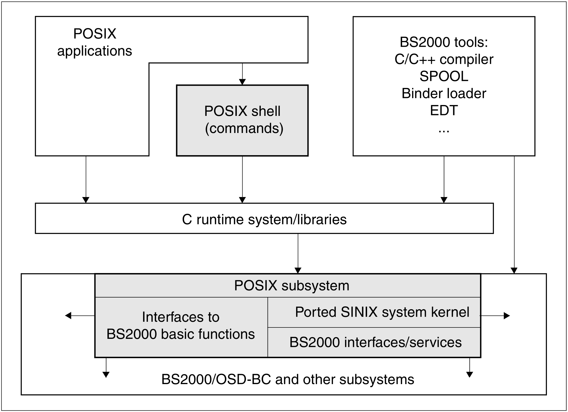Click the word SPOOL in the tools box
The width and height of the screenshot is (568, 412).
(444, 76)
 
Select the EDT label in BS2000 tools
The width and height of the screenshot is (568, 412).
(444, 110)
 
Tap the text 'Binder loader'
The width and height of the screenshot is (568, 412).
(444, 93)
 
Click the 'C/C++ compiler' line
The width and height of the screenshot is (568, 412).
(444, 59)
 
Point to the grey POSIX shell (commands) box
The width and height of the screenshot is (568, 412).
(242, 120)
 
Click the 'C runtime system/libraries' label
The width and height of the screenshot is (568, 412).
(264, 219)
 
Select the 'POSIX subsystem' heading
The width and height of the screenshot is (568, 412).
(292, 286)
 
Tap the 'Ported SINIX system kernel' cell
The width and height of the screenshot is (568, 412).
(382, 312)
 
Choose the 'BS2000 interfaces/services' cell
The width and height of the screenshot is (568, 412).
(375, 342)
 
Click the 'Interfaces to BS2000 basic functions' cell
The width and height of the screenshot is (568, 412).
(181, 326)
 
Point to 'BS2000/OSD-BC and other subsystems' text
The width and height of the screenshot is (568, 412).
(288, 380)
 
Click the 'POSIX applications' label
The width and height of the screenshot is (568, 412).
(95, 42)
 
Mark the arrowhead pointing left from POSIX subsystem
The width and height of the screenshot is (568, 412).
(68, 315)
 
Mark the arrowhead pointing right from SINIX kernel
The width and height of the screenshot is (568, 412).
(507, 315)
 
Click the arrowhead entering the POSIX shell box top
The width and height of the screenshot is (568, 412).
(242, 82)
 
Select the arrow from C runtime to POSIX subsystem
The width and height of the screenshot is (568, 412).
(298, 253)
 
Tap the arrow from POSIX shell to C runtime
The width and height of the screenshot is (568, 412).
(242, 179)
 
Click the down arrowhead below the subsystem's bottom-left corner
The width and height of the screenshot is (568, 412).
(106, 375)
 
